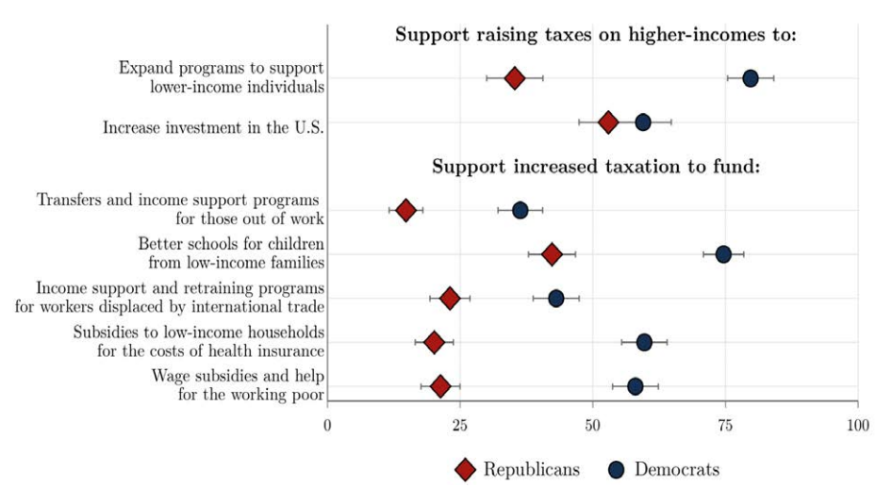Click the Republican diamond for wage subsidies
coord(440,386)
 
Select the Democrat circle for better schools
coord(723,254)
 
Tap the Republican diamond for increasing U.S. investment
coord(608,122)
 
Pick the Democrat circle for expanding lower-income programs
coord(751,78)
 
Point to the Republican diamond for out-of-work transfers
coord(405,210)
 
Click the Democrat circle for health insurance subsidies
coord(644,342)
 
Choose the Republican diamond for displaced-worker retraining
coord(450,299)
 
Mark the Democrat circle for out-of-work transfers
coord(520,210)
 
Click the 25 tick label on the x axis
coord(460,426)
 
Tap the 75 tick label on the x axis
coord(725,426)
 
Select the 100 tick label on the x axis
coord(857,426)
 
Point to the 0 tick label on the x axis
coord(327,426)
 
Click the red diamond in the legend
coord(464,469)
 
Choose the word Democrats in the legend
coord(677,469)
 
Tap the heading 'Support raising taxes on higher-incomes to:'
coord(596,36)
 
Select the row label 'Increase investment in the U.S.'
coord(213,127)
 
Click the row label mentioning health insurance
coord(198,342)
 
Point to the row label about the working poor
coord(238,385)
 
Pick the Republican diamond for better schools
coord(552,254)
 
